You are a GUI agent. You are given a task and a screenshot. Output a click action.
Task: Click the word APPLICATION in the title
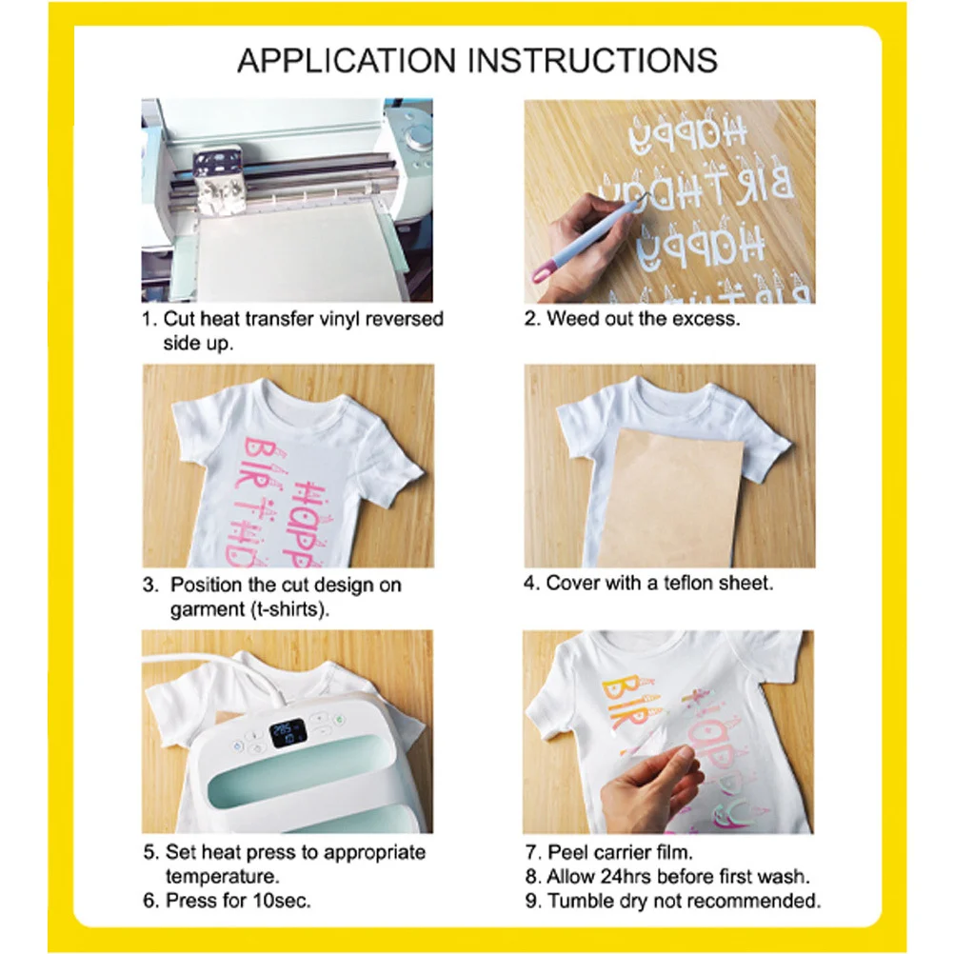coord(348,60)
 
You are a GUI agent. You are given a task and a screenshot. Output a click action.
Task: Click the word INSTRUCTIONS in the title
coord(589,60)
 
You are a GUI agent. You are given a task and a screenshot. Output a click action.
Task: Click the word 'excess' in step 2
coord(706,319)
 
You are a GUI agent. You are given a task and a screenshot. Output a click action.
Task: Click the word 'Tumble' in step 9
coord(581,900)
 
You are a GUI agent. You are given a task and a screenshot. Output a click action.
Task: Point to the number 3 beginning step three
coord(149,585)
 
